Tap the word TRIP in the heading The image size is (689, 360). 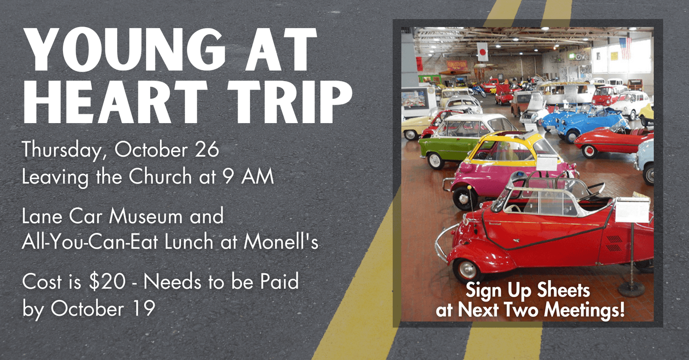[x=290, y=101]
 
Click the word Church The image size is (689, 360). [x=160, y=176]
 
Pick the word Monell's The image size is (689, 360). [x=281, y=241]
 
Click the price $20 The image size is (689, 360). [x=107, y=282]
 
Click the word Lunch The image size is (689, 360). [x=189, y=241]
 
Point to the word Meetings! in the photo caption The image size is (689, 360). [x=585, y=310]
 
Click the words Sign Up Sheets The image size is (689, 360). [x=528, y=291]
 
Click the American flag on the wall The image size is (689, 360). [x=625, y=48]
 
